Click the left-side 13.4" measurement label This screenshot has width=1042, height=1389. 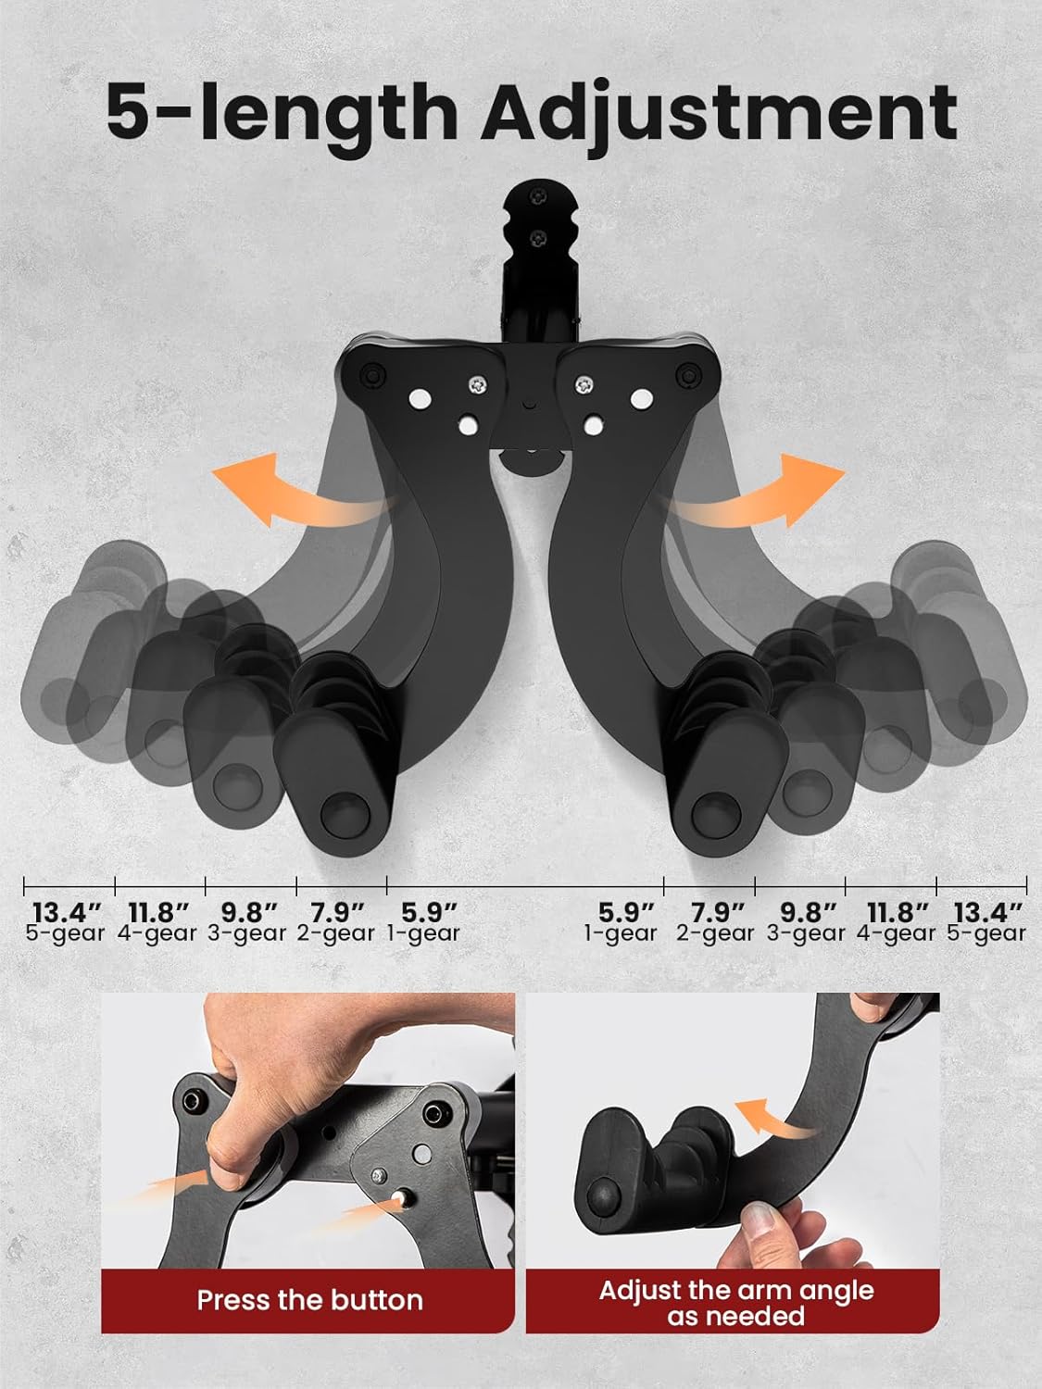click(x=67, y=912)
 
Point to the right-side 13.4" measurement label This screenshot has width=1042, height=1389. click(x=987, y=912)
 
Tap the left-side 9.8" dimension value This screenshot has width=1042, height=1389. click(x=249, y=912)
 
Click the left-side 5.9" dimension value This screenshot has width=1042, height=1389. click(x=429, y=912)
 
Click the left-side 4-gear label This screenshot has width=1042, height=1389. click(x=157, y=934)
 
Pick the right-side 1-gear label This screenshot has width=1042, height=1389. click(x=621, y=934)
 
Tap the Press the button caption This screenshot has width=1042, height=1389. click(x=309, y=1300)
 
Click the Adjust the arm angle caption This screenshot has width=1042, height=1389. click(x=735, y=1290)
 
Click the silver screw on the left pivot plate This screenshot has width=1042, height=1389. click(x=478, y=384)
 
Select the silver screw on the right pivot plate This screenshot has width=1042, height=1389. click(x=584, y=384)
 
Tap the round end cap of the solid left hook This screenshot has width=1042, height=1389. click(x=345, y=814)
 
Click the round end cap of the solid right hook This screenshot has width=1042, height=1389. click(x=716, y=814)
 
